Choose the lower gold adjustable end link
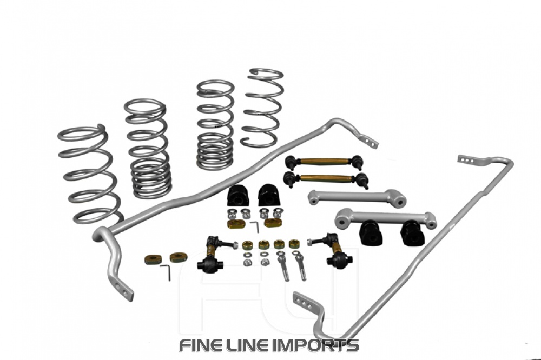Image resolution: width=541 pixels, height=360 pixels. point(325,178)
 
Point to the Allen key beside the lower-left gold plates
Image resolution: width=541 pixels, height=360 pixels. point(166,271)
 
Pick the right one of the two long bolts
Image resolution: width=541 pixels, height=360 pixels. point(300,265)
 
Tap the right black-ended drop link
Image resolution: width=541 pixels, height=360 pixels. point(331,249)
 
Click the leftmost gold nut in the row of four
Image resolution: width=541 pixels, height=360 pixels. point(248,245)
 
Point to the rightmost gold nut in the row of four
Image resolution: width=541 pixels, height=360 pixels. point(294,244)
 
